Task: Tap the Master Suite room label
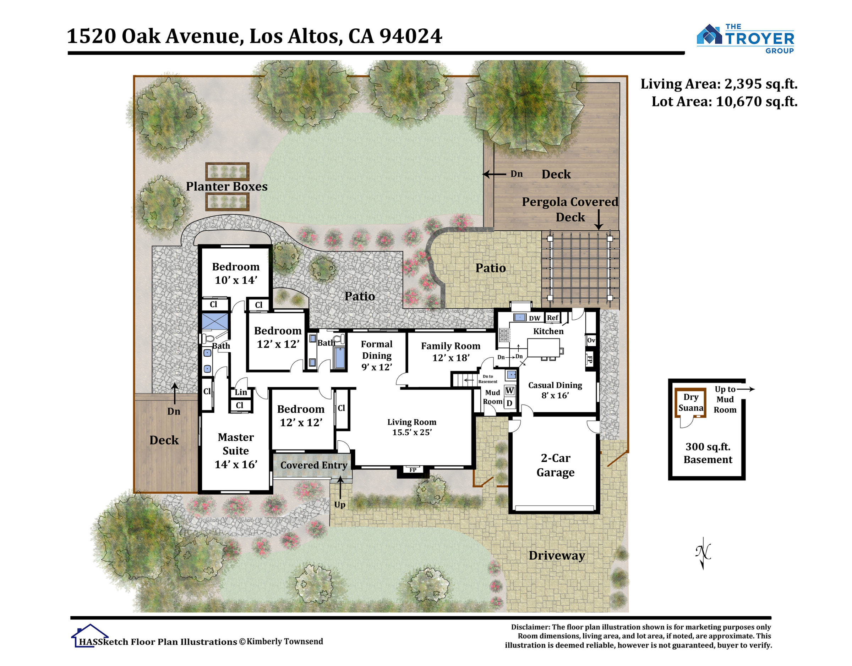click(x=236, y=450)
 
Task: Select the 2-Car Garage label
click(x=555, y=465)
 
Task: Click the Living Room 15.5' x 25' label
click(x=411, y=427)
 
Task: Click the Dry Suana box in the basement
click(x=690, y=402)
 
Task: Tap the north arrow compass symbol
click(x=703, y=553)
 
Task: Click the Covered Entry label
click(x=314, y=465)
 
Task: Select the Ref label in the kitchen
click(x=552, y=318)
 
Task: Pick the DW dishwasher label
click(x=534, y=318)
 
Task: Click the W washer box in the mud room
click(x=509, y=391)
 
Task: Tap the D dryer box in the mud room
click(x=509, y=403)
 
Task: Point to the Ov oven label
click(x=591, y=340)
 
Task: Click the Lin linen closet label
click(x=241, y=392)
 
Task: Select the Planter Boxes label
click(x=226, y=186)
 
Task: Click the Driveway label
click(x=557, y=556)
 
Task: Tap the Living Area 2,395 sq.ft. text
click(x=719, y=84)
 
